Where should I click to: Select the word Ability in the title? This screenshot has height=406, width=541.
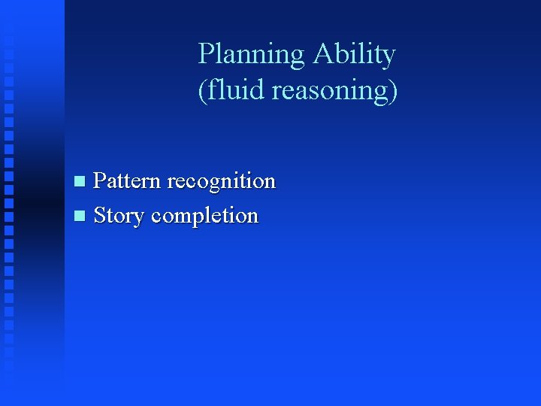point(354,55)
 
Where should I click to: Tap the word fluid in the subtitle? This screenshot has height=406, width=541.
point(225,90)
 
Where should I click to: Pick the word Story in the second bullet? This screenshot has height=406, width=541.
point(119,216)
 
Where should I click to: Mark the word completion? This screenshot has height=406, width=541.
point(204,216)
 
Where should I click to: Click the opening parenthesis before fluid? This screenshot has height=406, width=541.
point(201,90)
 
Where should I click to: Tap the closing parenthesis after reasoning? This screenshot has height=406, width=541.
point(393,90)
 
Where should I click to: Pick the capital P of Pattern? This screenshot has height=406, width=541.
point(100,181)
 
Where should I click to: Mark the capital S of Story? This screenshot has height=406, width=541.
point(100,216)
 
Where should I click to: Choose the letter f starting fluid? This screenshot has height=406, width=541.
point(210,89)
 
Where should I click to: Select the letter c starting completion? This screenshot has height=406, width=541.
point(156,217)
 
